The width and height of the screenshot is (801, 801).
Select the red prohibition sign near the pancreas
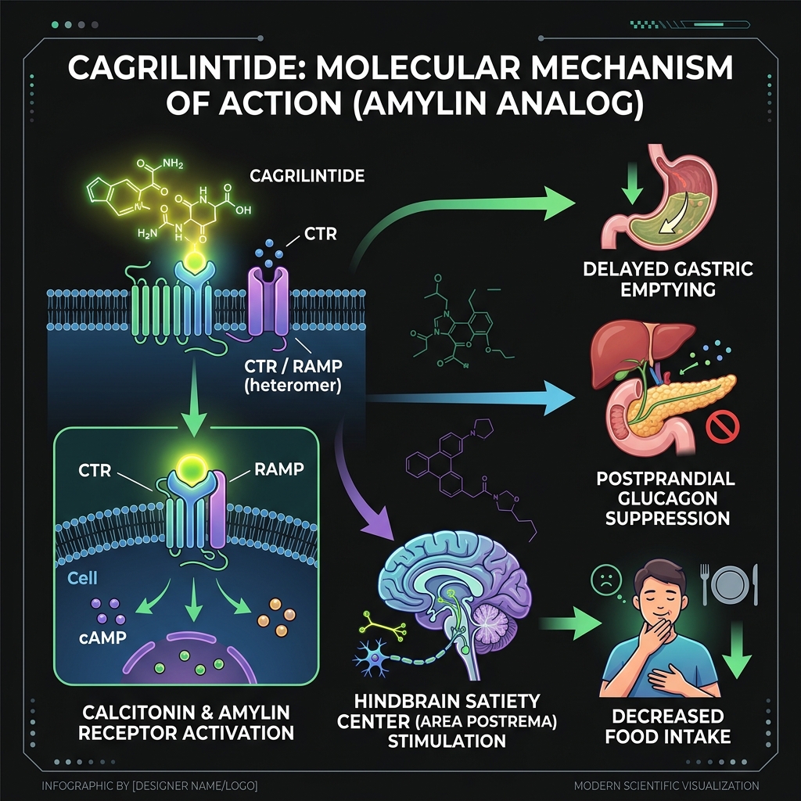(723, 428)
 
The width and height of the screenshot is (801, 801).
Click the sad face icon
(606, 580)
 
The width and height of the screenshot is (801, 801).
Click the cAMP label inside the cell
(102, 638)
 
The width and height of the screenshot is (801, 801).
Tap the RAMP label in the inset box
(279, 469)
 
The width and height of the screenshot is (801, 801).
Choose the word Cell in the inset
(82, 578)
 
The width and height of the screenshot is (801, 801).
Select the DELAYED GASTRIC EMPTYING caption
(668, 279)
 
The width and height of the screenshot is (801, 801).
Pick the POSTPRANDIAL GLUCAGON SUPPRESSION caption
(667, 498)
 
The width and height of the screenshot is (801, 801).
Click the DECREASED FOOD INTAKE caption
(668, 726)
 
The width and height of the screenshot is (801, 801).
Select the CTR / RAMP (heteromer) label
(293, 375)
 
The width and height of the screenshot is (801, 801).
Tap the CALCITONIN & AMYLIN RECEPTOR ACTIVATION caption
(185, 722)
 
